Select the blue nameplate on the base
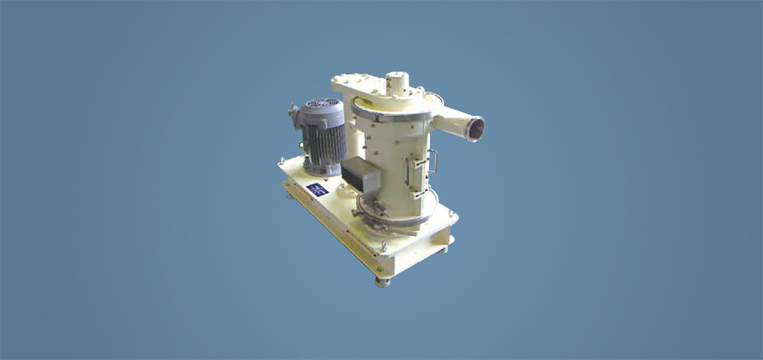click(x=317, y=189)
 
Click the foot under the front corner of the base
click(x=382, y=282)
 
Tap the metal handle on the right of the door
click(x=433, y=162)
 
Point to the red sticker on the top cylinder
click(x=396, y=84)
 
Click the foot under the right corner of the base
click(x=442, y=250)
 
